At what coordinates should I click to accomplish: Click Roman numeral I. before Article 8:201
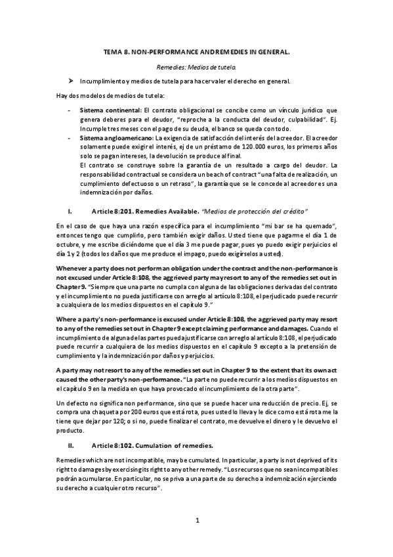70,212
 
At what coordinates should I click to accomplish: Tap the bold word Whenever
75,268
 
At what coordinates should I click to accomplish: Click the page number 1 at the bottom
197,521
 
